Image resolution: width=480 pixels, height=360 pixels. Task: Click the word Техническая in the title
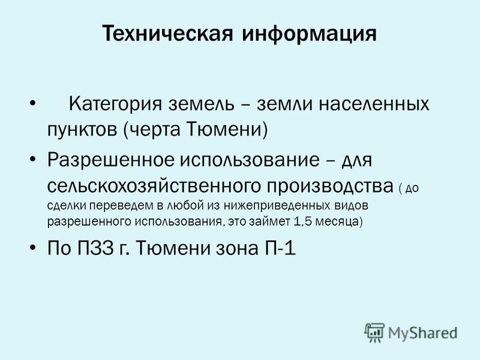(168, 33)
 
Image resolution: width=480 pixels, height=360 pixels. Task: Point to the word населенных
(374, 104)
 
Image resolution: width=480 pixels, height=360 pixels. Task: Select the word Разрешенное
(111, 160)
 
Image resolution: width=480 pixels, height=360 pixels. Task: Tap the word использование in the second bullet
(250, 160)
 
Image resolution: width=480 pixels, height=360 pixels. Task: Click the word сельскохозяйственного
(155, 186)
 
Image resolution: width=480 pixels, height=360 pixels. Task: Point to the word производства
(330, 187)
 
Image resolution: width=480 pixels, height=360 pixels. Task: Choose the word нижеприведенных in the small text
(277, 206)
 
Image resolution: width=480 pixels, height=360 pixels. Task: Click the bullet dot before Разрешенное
(33, 159)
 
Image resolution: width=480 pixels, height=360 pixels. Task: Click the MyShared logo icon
(374, 332)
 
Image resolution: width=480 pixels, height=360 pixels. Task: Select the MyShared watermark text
(423, 333)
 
